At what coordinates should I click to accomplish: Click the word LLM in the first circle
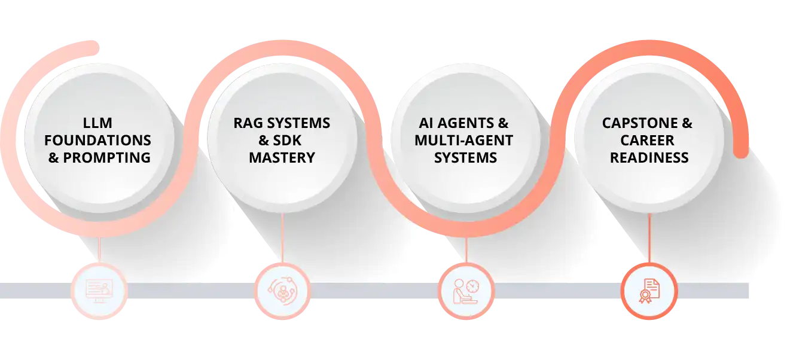(98, 123)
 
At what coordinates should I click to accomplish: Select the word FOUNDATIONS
(98, 141)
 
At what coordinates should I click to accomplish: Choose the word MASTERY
(282, 158)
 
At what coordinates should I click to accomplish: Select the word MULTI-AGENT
(465, 141)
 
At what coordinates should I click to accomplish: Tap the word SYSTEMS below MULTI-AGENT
(465, 158)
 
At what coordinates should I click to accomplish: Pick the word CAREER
(647, 141)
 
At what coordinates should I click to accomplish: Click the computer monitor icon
(99, 291)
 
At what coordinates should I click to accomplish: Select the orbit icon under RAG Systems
(282, 291)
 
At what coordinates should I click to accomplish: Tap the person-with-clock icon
(466, 291)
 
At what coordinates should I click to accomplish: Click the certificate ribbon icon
(649, 291)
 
